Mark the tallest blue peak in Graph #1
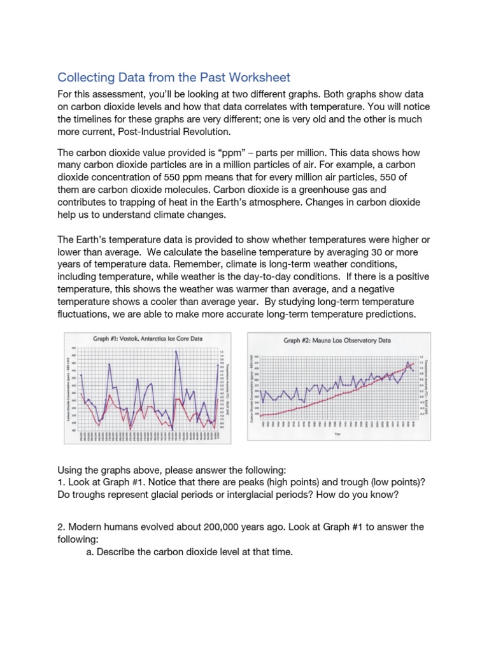pyautogui.click(x=175, y=351)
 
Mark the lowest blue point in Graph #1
pyautogui.click(x=173, y=429)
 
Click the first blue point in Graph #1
pyautogui.click(x=81, y=375)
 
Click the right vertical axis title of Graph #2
pyautogui.click(x=426, y=382)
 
